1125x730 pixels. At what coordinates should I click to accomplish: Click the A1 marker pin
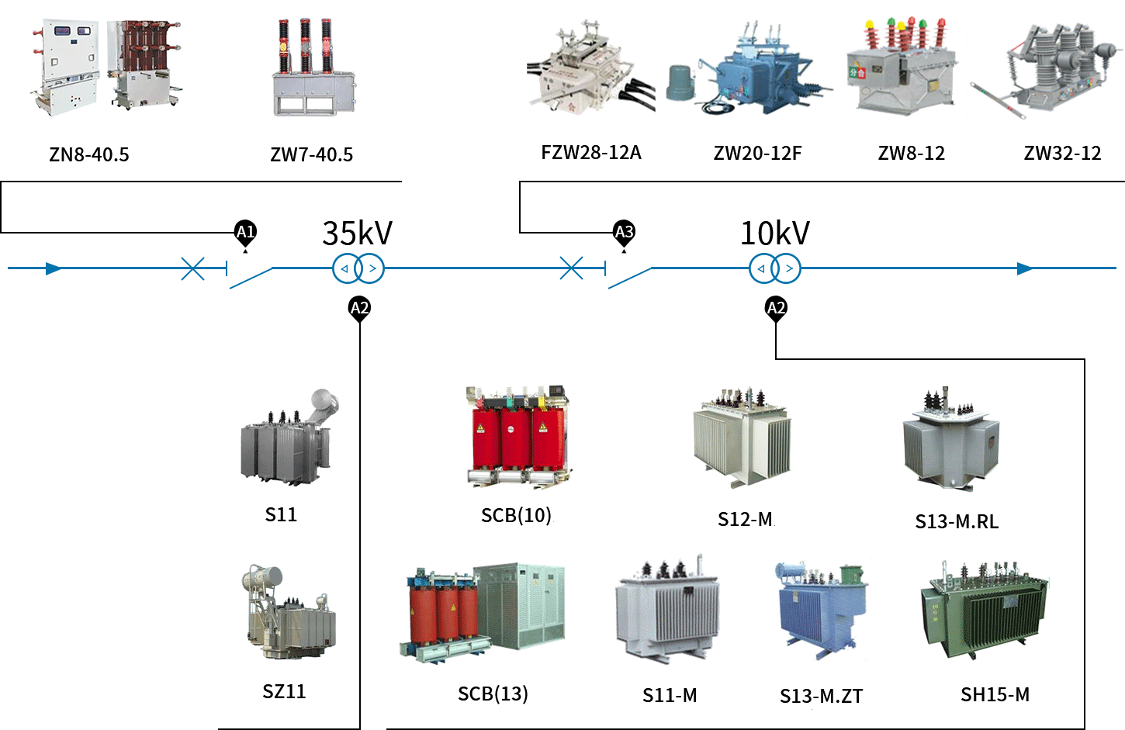pyautogui.click(x=245, y=232)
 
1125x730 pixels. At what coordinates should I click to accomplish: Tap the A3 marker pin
pyautogui.click(x=624, y=232)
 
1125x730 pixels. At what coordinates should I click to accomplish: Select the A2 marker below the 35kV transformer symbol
pyautogui.click(x=359, y=308)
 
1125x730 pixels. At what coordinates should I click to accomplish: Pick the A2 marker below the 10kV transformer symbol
pyautogui.click(x=776, y=308)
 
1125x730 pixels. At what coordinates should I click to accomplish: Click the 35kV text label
pyautogui.click(x=357, y=233)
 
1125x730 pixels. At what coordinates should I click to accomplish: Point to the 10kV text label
pyautogui.click(x=774, y=233)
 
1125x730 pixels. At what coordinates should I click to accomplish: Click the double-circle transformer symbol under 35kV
pyautogui.click(x=358, y=268)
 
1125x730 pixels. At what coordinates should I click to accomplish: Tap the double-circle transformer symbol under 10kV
pyautogui.click(x=774, y=268)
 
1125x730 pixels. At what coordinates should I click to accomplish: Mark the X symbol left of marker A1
pyautogui.click(x=192, y=268)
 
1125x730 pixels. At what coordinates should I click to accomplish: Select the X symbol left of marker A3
pyautogui.click(x=571, y=268)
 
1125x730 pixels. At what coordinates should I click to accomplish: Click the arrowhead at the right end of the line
pyautogui.click(x=1025, y=268)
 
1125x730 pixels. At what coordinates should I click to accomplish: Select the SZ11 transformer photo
pyautogui.click(x=289, y=613)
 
